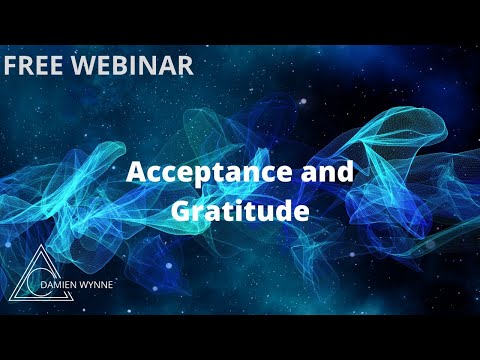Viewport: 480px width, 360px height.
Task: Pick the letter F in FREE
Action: coord(12,65)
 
